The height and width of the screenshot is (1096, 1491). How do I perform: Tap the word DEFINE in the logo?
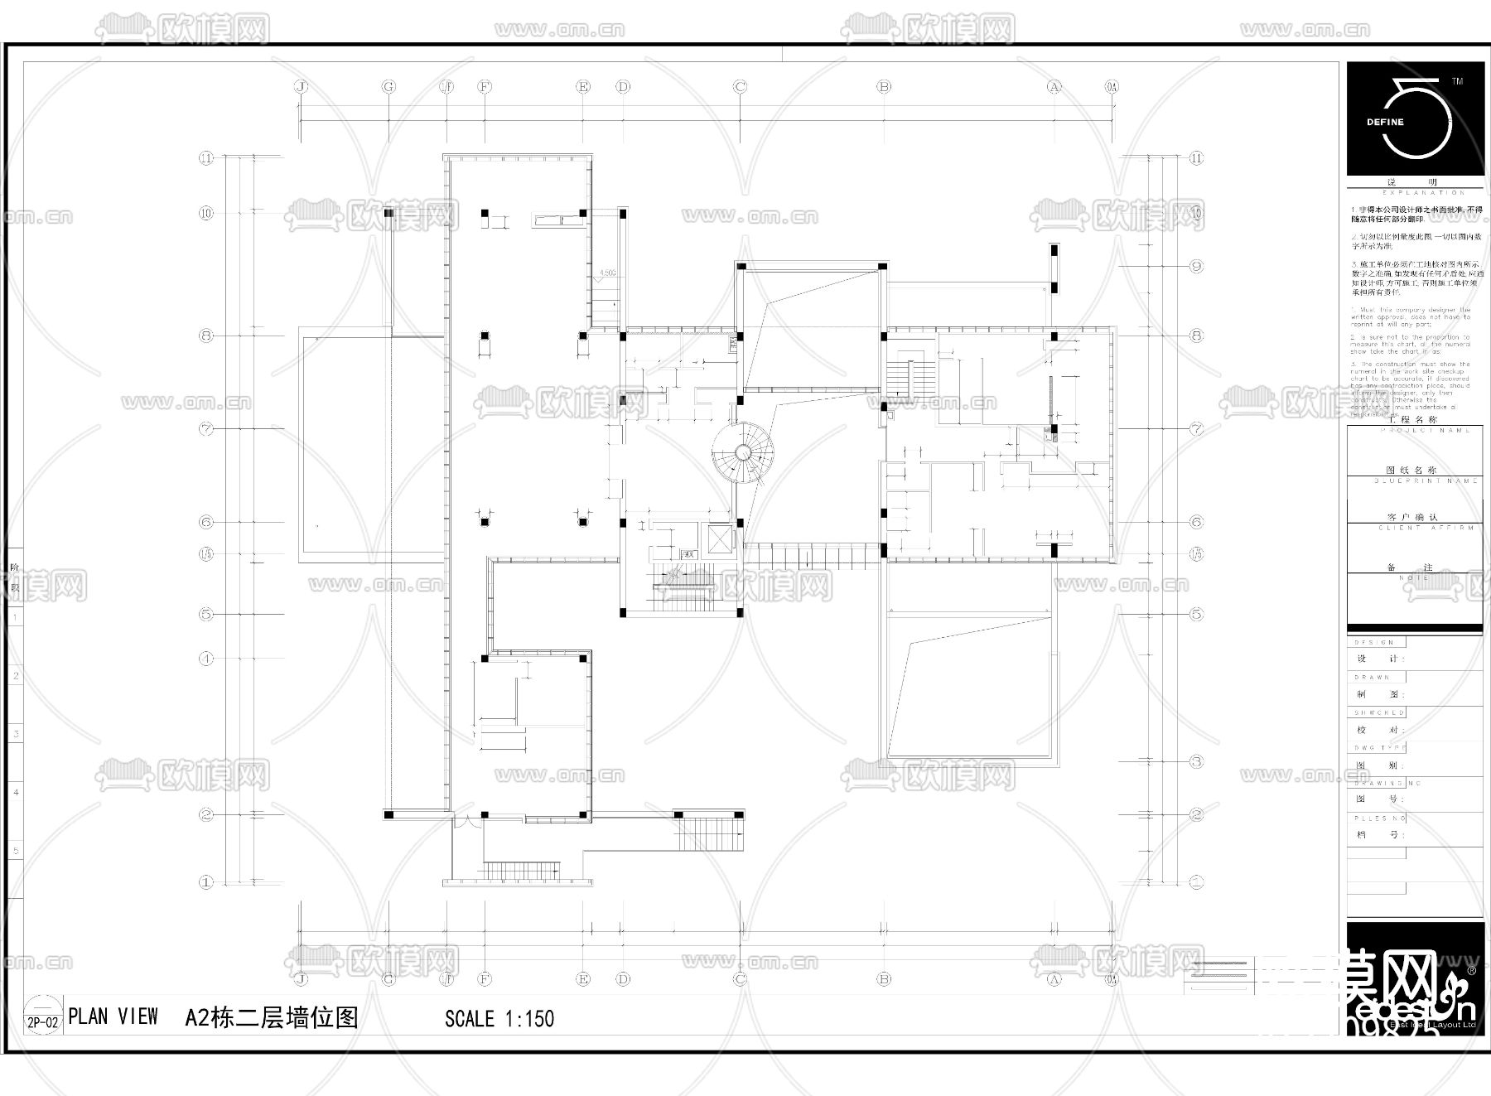pos(1385,122)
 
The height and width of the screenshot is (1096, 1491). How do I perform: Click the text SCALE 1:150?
pos(499,1019)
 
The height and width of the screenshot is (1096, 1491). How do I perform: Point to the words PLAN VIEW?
pos(113,1017)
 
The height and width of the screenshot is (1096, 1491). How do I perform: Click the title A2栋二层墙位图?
pos(272,1017)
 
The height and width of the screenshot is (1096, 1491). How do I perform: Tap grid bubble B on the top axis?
pos(884,86)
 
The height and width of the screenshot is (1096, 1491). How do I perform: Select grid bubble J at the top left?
pos(301,86)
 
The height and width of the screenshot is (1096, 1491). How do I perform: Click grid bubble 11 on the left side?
pos(206,158)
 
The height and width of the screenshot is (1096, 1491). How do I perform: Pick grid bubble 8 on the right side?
pos(1196,336)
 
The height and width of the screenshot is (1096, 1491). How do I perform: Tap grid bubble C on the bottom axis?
pos(740,979)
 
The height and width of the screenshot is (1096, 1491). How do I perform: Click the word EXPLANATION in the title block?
pos(1413,193)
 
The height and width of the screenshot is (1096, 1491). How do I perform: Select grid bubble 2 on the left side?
pos(206,815)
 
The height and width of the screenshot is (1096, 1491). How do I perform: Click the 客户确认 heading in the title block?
pos(1413,517)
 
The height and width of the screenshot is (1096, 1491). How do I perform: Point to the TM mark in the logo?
pos(1457,82)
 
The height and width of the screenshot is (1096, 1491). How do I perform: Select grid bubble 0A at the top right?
pos(1112,86)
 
